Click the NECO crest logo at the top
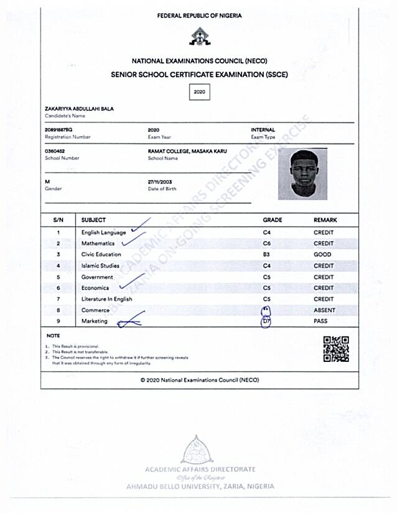tap(200, 38)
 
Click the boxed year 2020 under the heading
tap(200, 92)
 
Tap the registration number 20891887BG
tap(59, 129)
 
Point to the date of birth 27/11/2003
tap(159, 181)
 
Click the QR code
tap(336, 349)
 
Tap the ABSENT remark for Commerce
tap(324, 310)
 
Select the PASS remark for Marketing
tap(320, 321)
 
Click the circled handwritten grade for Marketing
tap(266, 321)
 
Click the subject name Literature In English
tap(106, 299)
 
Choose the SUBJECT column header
tap(93, 220)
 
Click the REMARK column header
tap(325, 220)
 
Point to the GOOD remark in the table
tap(322, 254)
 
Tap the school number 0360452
tap(55, 151)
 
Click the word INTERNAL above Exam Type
tap(263, 129)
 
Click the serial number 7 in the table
tap(58, 299)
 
